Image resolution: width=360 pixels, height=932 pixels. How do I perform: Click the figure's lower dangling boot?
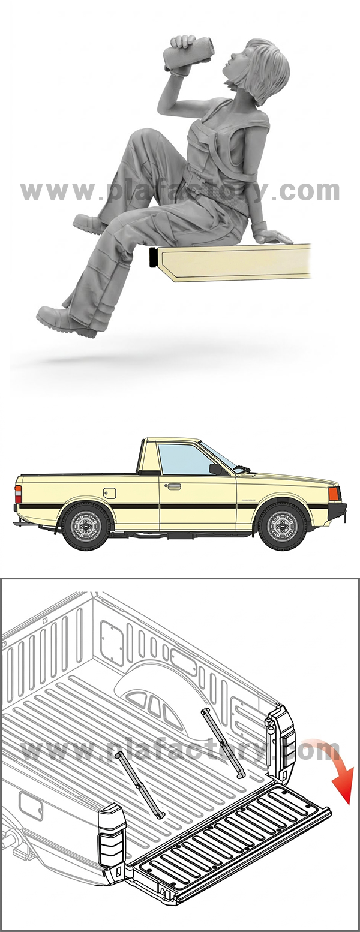pos(67,321)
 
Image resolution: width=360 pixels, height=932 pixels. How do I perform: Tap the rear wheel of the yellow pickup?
pos(86,527)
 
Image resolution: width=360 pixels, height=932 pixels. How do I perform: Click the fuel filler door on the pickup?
pos(109,494)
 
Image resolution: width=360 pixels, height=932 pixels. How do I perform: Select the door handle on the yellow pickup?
pos(173,486)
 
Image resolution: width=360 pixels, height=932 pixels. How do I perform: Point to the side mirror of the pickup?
pos(215,469)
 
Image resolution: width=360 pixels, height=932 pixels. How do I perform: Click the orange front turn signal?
pos(334,494)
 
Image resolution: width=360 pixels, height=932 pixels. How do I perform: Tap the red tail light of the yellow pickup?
pos(18,494)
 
